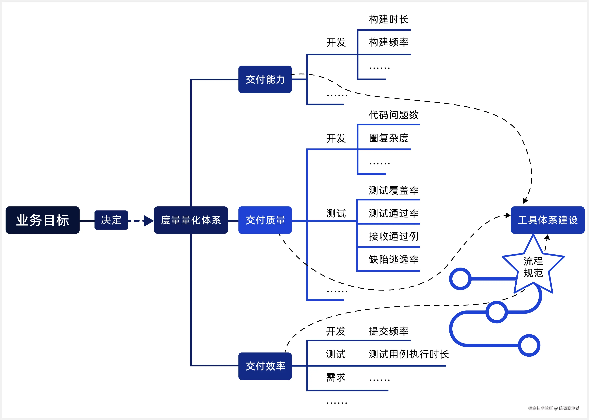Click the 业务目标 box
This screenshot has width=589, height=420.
(x=42, y=220)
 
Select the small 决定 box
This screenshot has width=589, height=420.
(x=111, y=220)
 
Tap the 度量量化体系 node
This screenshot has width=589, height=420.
(x=191, y=220)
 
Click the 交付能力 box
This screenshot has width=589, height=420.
(x=265, y=79)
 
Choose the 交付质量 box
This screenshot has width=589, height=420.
(x=265, y=220)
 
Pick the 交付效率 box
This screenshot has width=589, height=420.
(x=265, y=366)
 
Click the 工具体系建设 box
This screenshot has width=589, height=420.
(x=547, y=220)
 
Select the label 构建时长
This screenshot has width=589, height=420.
(x=388, y=19)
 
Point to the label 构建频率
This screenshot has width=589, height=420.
(x=388, y=42)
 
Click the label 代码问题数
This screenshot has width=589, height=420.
(x=394, y=115)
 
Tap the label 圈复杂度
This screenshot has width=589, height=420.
(x=388, y=138)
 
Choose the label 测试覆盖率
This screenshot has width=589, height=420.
(x=394, y=190)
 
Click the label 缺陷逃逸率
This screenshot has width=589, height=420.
(x=394, y=259)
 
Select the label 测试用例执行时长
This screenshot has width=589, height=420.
(x=409, y=354)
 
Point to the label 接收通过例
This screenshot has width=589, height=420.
(x=394, y=236)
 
